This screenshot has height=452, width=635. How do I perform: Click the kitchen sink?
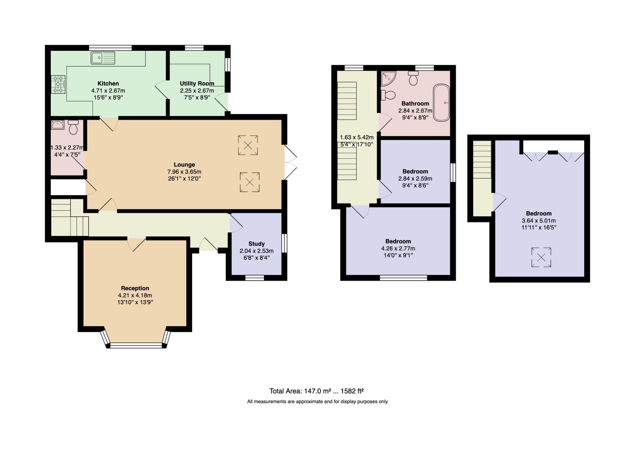(x=103, y=58)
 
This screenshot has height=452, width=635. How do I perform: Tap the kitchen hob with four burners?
(x=58, y=84)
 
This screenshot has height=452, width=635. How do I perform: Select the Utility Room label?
(x=197, y=83)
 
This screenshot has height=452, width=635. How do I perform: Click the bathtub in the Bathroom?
(x=441, y=103)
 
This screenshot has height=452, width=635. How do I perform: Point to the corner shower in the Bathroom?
(x=388, y=78)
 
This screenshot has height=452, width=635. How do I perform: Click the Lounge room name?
(x=184, y=165)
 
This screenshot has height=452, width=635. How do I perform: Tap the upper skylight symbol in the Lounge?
(x=248, y=145)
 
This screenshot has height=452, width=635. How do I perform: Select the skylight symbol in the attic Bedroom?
(x=541, y=257)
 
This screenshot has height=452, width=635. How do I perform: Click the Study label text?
(x=257, y=244)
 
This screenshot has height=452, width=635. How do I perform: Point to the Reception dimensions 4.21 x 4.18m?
(x=135, y=295)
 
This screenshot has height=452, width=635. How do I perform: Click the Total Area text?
(x=317, y=391)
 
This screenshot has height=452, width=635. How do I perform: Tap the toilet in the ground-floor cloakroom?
(x=73, y=127)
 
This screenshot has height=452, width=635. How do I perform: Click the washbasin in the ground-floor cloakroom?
(x=58, y=125)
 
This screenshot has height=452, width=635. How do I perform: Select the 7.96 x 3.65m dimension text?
(x=184, y=172)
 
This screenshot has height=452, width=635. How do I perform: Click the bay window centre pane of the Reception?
(x=136, y=346)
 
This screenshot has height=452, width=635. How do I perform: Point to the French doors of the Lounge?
(x=291, y=162)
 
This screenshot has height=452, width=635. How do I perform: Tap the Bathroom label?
(x=415, y=103)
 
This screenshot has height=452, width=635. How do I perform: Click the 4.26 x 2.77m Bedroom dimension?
(x=398, y=248)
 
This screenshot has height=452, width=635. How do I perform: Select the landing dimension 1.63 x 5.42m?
(x=357, y=137)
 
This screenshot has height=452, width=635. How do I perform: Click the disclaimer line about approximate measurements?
(x=317, y=401)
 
